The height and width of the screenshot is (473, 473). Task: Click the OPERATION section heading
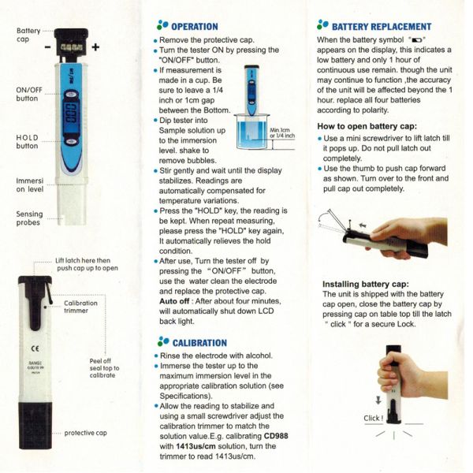[x=190, y=26]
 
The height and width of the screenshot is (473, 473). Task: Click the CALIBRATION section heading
[x=193, y=343]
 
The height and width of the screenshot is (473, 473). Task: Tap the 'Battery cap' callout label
[x=28, y=35]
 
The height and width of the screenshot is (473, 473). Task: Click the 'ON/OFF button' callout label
[x=28, y=95]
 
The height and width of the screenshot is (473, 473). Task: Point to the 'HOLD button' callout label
[x=28, y=142]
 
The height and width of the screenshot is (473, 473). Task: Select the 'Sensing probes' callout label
[x=29, y=219]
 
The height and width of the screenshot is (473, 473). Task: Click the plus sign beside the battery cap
[x=97, y=47]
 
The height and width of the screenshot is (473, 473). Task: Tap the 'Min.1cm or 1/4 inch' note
[x=281, y=132]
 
